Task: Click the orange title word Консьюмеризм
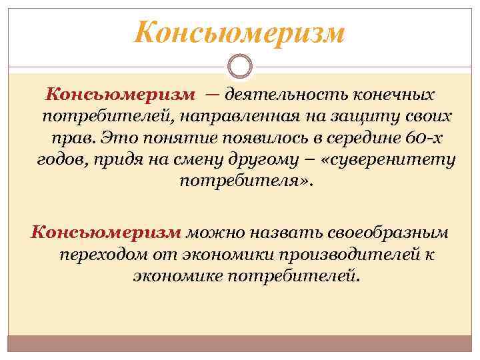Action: pos(240,33)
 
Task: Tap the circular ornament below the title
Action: pos(239,67)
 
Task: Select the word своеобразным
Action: pos(387,233)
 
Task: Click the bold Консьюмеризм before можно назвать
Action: pos(106,233)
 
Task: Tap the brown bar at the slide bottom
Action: pos(240,343)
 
